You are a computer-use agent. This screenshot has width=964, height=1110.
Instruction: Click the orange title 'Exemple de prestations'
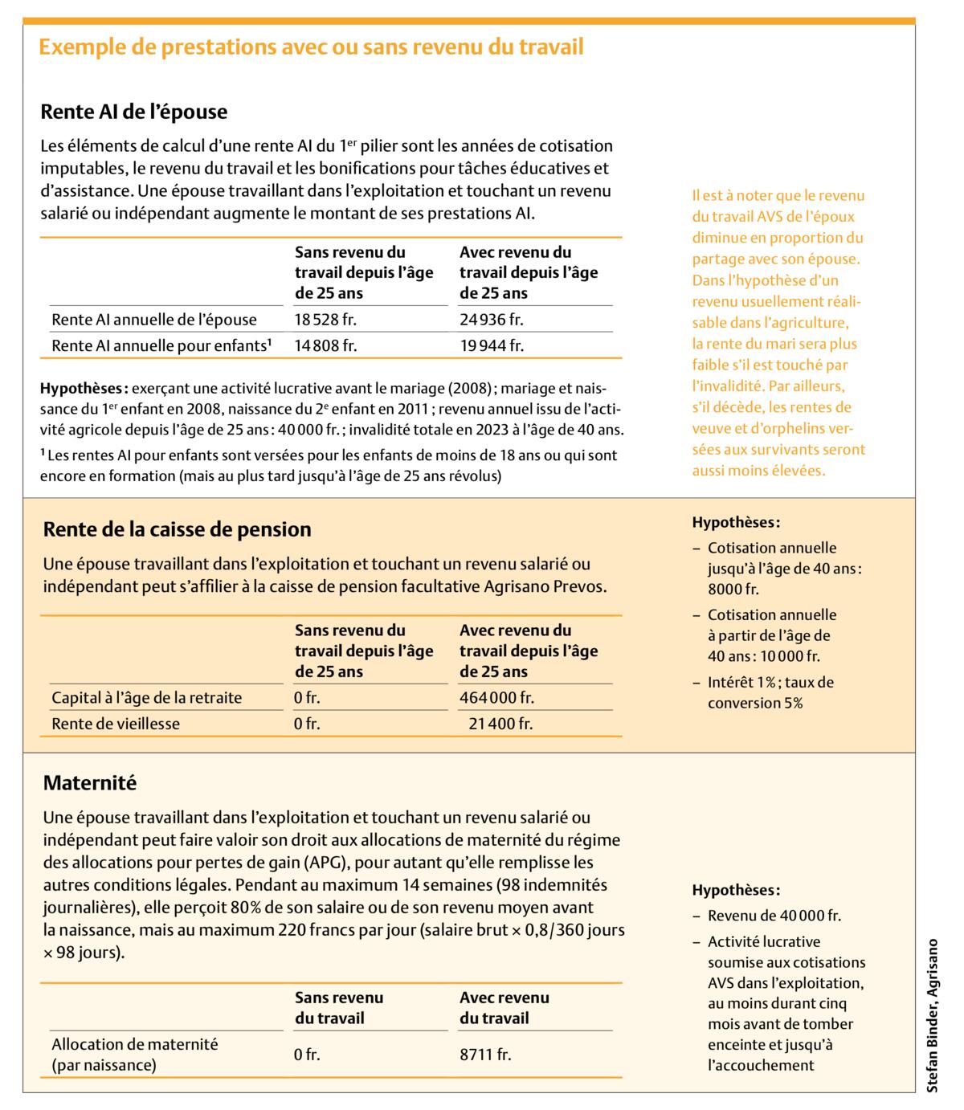(311, 47)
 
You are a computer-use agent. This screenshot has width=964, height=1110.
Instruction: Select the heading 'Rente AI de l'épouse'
(134, 111)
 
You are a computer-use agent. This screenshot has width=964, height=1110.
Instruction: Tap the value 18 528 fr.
(325, 320)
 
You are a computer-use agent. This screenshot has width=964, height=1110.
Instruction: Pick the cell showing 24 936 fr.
(491, 320)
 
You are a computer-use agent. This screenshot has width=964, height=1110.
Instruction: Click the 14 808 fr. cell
(325, 346)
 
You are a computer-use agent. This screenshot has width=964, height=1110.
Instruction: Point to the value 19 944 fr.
(491, 346)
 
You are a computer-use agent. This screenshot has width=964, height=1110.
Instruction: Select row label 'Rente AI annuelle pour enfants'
(161, 346)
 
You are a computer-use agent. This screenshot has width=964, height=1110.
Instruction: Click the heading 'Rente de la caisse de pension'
(177, 529)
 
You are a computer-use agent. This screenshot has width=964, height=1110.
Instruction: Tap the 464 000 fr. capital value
(496, 698)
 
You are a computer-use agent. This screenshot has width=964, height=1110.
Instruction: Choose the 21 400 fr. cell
(500, 724)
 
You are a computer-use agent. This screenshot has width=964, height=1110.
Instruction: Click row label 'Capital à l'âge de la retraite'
(146, 698)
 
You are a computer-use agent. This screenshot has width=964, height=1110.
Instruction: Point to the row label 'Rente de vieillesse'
(116, 724)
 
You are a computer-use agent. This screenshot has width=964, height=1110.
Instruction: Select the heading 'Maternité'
(90, 782)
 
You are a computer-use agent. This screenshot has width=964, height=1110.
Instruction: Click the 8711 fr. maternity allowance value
(485, 1055)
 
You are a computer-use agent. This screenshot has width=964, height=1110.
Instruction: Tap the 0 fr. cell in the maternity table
(307, 1055)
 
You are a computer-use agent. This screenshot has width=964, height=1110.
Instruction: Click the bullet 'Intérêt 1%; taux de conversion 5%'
(770, 692)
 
